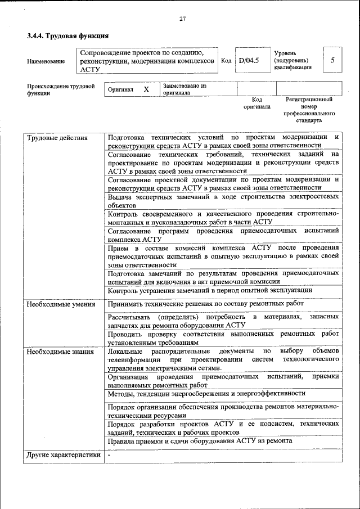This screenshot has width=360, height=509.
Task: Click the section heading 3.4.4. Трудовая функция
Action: (67, 37)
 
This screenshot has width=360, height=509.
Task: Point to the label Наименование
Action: (46, 61)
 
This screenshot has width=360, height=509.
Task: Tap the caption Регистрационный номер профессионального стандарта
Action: (309, 110)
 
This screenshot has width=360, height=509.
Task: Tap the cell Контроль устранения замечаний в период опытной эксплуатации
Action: (210, 290)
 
